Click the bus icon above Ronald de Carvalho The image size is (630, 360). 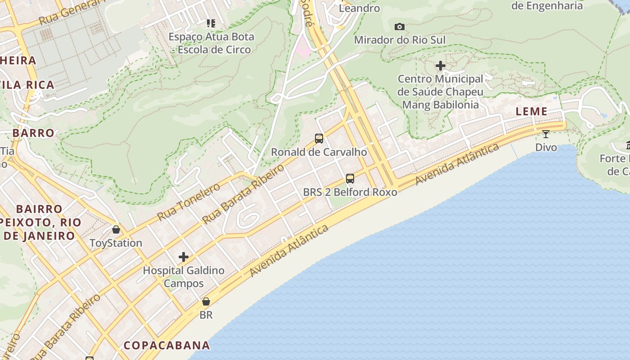click(319, 139)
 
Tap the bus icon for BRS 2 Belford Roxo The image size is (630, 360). click(350, 179)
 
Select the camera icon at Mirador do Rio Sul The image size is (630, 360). click(399, 27)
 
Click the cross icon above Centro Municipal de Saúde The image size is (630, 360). click(441, 66)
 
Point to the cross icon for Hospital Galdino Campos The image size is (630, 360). click(184, 257)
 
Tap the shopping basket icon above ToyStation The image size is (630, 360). click(116, 229)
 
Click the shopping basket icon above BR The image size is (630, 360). click(206, 301)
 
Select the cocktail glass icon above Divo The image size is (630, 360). click(546, 134)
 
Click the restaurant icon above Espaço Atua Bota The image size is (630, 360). click(211, 23)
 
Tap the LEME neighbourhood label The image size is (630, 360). click(531, 112)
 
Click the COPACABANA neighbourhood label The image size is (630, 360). click(166, 345)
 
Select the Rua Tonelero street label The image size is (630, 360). click(189, 202)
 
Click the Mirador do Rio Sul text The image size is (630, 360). click(400, 40)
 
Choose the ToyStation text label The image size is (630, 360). click(116, 243)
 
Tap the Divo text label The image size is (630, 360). click(546, 147)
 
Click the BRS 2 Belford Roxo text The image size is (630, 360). click(350, 192)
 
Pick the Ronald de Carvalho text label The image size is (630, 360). click(319, 152)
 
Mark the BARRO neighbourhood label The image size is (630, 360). click(33, 133)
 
